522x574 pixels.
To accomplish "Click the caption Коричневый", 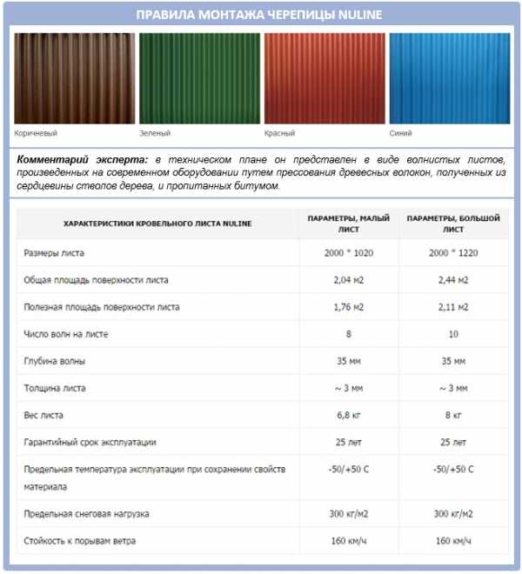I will [37, 134].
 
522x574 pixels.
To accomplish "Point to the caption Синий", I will [401, 134].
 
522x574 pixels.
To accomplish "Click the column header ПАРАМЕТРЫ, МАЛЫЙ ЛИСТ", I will [349, 224].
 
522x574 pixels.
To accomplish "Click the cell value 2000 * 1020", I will [349, 253].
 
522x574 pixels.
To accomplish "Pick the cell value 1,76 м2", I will [349, 307].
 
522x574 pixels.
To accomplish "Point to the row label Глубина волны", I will [55, 361].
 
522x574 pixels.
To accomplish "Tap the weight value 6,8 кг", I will [349, 415].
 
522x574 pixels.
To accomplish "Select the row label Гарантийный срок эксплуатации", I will [90, 442].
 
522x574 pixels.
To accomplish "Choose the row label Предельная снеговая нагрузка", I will [87, 514].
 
